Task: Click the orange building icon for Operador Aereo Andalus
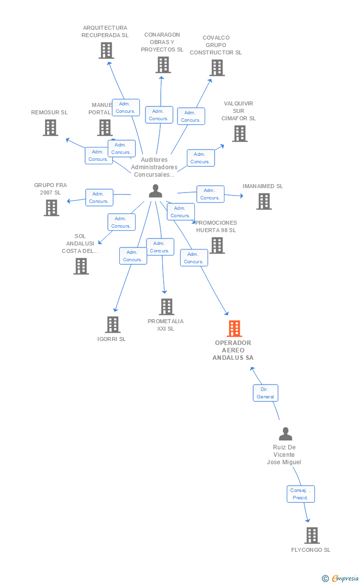234,328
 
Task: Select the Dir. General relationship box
266,393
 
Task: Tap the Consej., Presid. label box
301,494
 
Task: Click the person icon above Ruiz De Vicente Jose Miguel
285,434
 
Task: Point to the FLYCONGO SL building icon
312,535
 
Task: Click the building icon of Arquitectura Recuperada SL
106,50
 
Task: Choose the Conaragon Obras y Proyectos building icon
163,65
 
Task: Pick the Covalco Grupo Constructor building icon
217,68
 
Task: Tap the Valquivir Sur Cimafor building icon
239,134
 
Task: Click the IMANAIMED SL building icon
264,201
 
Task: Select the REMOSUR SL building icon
50,128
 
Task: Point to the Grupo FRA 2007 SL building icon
51,208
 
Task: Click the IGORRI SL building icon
113,325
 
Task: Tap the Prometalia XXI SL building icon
167,307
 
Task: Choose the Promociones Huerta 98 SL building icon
217,245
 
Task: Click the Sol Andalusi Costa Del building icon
81,266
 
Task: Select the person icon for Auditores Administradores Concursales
155,191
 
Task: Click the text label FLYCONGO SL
311,550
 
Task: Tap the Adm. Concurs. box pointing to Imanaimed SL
210,194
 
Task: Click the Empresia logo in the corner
341,578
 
